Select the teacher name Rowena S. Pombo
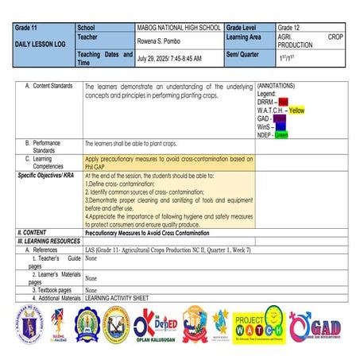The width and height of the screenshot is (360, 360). click(163, 43)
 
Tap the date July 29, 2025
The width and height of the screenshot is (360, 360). click(169, 59)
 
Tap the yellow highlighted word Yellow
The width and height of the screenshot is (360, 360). click(296, 110)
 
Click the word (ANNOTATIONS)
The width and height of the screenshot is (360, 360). click(278, 85)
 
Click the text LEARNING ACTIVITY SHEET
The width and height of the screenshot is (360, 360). click(117, 297)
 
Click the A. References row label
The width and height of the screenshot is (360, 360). click(46, 250)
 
